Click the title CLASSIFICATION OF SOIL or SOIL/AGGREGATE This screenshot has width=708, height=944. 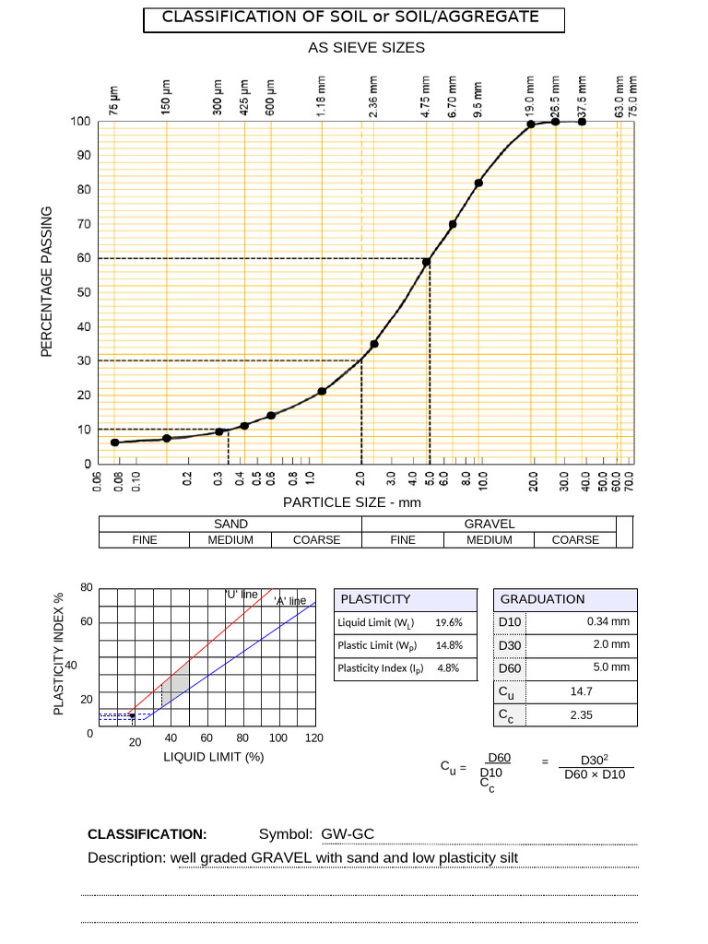click(350, 18)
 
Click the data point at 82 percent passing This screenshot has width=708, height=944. click(478, 183)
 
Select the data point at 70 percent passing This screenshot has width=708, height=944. click(453, 224)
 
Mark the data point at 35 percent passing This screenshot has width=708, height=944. click(374, 344)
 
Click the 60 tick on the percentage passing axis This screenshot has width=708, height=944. click(84, 258)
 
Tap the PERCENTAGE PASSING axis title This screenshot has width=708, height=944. click(47, 281)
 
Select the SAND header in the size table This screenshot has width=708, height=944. click(230, 524)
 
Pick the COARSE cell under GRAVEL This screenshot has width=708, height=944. click(575, 540)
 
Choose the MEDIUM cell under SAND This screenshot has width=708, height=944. click(230, 540)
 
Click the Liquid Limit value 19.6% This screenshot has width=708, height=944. click(449, 622)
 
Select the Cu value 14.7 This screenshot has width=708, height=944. click(582, 690)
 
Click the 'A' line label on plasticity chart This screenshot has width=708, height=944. click(290, 601)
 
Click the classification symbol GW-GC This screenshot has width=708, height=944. click(348, 834)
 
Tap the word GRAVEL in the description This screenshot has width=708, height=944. click(282, 858)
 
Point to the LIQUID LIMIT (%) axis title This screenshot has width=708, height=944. click(214, 757)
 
